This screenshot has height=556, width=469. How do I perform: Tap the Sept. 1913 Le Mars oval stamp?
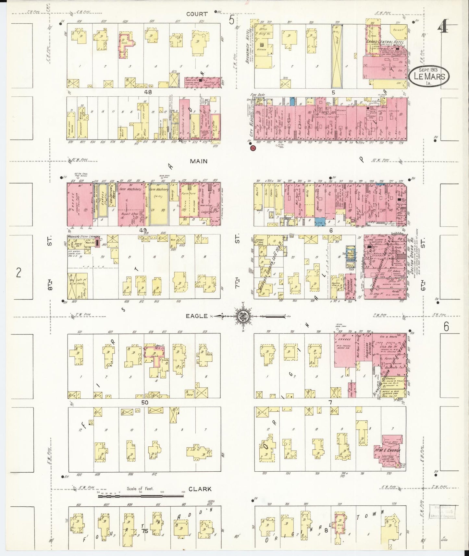tap(429, 77)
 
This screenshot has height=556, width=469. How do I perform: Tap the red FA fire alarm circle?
tap(253, 148)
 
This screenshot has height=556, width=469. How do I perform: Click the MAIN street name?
tap(199, 161)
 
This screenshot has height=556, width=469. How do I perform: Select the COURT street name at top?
tap(197, 14)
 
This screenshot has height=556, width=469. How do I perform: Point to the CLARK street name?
tap(200, 489)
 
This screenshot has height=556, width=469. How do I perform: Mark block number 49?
tap(143, 230)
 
